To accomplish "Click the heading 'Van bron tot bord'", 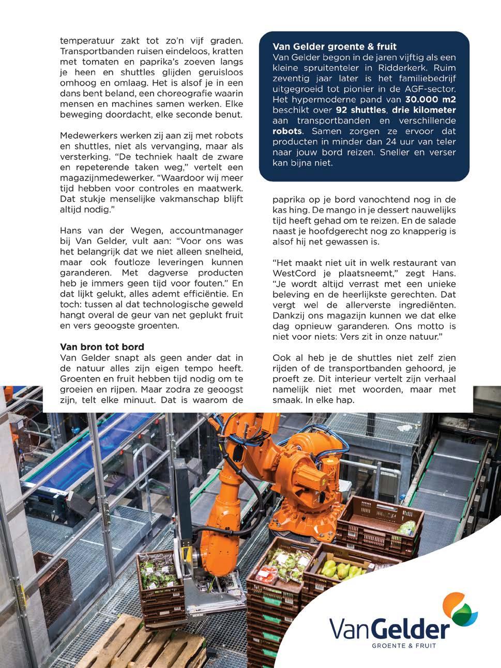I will point(102,346).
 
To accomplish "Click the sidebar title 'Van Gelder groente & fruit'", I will point(335,47).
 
